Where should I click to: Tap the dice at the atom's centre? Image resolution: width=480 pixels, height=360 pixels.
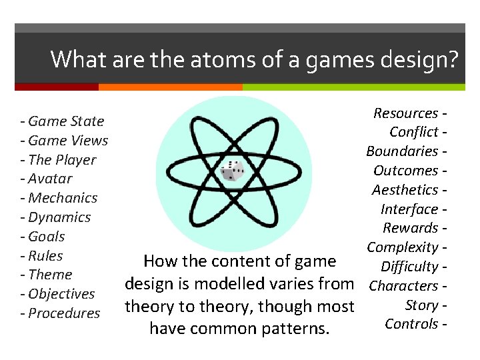point(231,171)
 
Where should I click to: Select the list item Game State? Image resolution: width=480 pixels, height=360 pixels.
point(66,121)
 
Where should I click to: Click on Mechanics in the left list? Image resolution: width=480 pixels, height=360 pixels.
point(63,198)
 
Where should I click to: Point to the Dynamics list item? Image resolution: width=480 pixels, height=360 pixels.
point(59,217)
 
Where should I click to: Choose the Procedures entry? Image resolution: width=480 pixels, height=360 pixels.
point(64,313)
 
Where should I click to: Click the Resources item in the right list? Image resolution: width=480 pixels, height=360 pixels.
point(405,113)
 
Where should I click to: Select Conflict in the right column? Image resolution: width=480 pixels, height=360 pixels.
point(414,132)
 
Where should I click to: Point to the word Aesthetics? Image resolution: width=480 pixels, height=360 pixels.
point(405,190)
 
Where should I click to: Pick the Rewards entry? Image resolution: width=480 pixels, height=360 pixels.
point(410,228)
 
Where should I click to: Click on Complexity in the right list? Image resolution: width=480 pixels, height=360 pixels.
point(402,247)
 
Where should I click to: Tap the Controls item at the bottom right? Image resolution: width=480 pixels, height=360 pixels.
point(411,324)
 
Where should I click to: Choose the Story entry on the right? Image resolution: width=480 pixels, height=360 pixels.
point(421,305)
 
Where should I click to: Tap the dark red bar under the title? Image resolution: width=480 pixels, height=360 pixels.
point(57,87)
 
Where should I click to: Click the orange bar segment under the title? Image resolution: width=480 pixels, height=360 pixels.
point(170,87)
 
